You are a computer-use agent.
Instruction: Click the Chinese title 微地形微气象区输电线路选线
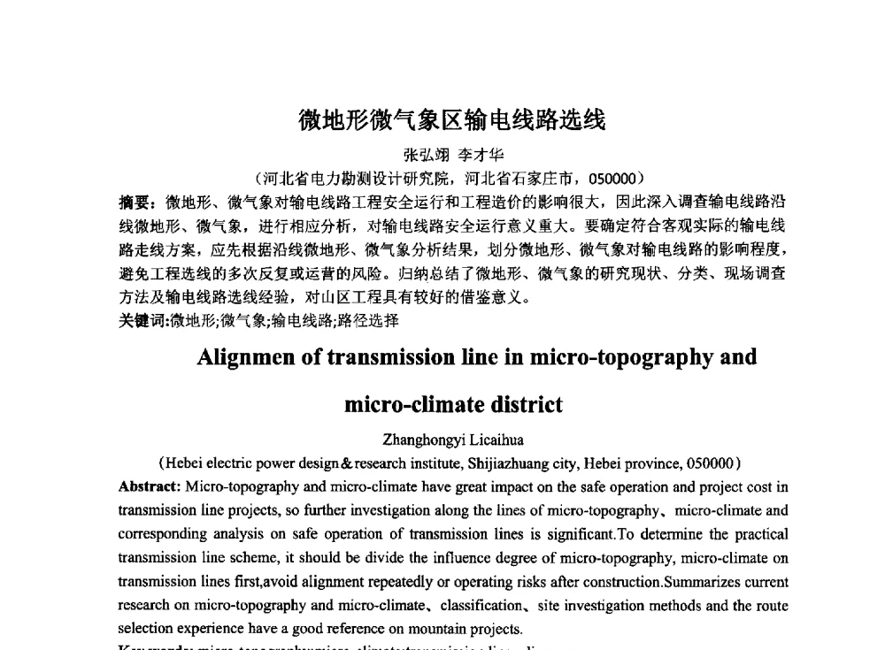pos(451,120)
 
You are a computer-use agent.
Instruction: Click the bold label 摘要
pos(135,202)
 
